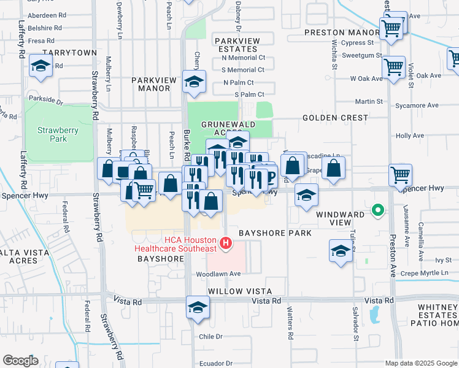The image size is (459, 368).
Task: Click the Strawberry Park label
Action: coord(52,134)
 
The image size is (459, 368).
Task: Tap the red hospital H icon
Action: coord(226,244)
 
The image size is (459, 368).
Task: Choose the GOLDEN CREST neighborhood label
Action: coord(335,117)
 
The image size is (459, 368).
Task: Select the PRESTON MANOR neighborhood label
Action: coord(342,33)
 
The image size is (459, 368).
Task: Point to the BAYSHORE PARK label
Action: coord(275,233)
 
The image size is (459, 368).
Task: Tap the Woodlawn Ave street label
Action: coord(217,274)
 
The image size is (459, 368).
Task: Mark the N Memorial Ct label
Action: coord(243,58)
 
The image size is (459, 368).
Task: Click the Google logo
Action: coord(20,361)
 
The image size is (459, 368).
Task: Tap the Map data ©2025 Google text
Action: coord(420,363)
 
